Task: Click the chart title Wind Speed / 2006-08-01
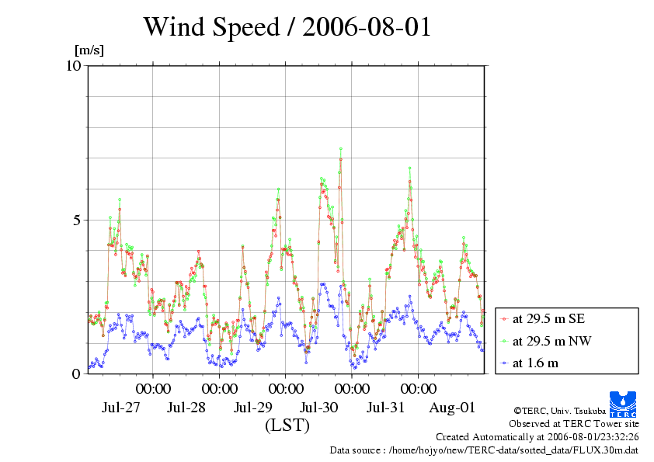(287, 28)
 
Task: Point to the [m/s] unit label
(89, 50)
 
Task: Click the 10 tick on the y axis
(73, 65)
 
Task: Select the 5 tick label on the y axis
(77, 220)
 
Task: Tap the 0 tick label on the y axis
(77, 373)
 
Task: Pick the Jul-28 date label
(186, 408)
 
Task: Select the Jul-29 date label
(253, 408)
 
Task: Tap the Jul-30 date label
(319, 408)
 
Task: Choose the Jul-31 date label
(385, 408)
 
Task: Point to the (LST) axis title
(287, 426)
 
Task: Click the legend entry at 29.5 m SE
(543, 318)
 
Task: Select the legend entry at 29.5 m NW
(544, 340)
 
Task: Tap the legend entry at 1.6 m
(535, 363)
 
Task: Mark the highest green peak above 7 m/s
(340, 149)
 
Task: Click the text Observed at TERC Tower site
(574, 424)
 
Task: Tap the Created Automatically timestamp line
(537, 436)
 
